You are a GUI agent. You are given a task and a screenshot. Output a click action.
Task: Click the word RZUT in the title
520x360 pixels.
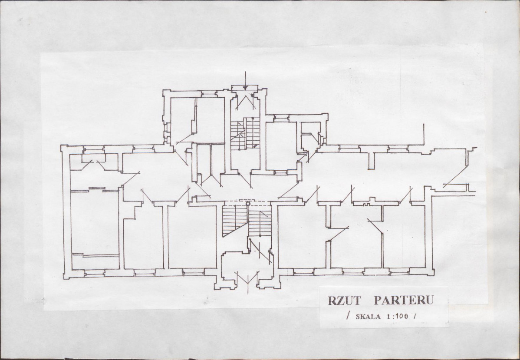pos(344,301)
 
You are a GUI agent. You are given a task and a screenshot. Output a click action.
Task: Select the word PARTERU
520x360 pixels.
pos(404,300)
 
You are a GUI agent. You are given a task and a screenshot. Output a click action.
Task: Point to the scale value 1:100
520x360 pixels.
pos(397,316)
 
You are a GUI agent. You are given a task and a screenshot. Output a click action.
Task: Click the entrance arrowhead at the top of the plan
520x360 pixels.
pos(245,88)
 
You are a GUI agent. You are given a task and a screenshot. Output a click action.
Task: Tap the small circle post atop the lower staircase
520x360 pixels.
pos(248,204)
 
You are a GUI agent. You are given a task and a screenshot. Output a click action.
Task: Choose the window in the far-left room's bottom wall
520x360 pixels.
pos(95,273)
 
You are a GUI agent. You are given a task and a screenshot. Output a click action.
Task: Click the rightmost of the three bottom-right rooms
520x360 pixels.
pos(404,236)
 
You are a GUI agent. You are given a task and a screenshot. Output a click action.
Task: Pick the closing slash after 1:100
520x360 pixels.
pos(415,316)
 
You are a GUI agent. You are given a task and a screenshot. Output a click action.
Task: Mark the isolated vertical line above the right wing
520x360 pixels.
pos(424,134)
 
